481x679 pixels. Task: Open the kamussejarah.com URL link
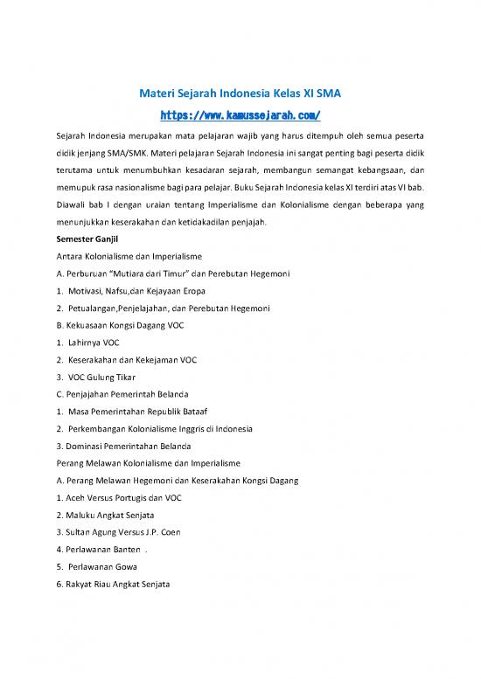(x=240, y=114)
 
